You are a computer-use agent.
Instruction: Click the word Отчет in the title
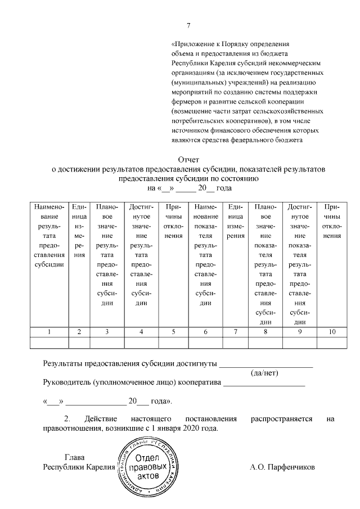188,160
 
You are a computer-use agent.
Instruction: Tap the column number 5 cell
173,332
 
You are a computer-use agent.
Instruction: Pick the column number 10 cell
331,332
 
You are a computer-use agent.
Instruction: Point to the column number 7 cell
236,332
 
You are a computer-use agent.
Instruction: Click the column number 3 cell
106,332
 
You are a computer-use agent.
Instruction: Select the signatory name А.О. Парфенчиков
282,467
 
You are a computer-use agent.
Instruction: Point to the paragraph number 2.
67,419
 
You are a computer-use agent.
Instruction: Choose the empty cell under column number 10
331,343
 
